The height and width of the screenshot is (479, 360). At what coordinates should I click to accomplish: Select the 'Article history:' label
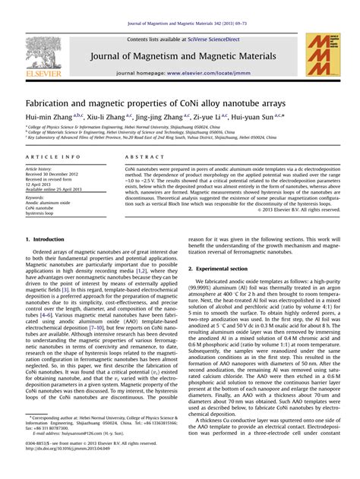tap(39, 169)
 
